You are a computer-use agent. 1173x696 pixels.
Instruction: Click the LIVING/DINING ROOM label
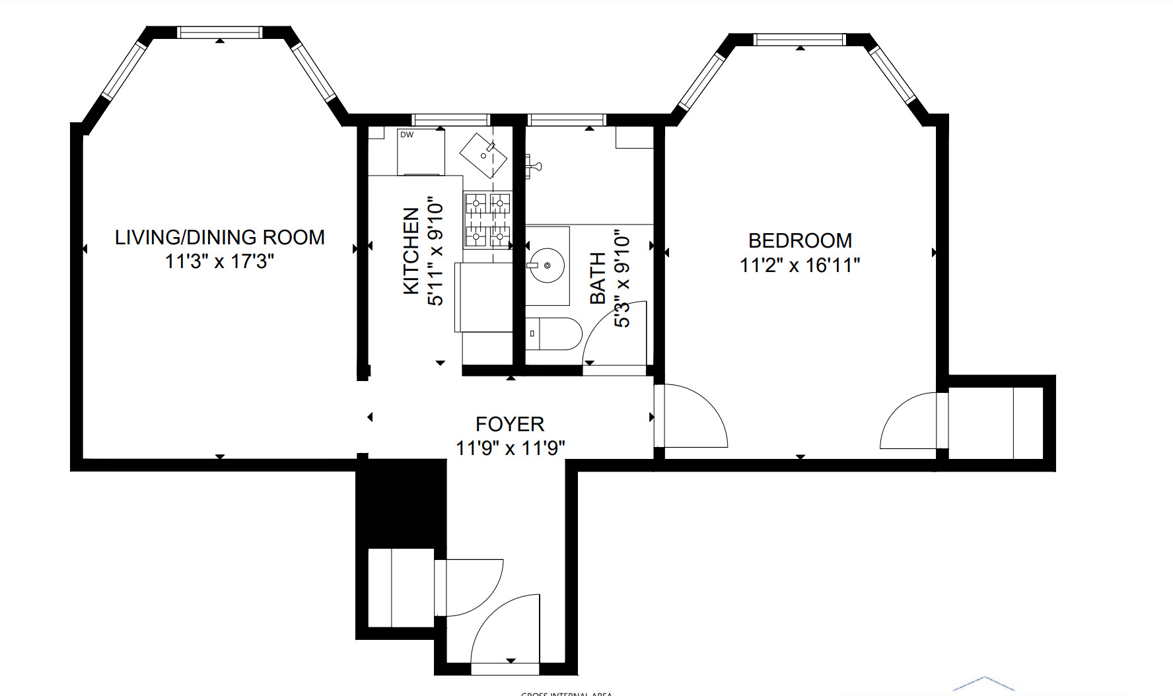point(219,237)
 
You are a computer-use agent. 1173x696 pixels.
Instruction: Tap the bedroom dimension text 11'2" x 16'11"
point(800,265)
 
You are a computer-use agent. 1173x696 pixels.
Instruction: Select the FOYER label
point(509,424)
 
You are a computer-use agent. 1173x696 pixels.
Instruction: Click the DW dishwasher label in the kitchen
point(407,135)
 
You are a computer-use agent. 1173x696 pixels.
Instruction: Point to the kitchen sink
point(483,155)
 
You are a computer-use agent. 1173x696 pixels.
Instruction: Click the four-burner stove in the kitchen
point(488,221)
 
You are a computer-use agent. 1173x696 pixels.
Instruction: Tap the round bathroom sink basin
point(547,265)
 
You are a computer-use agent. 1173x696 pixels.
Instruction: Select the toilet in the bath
point(554,334)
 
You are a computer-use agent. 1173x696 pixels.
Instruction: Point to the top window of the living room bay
point(219,32)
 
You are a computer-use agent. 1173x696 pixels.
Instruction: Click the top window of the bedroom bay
point(800,40)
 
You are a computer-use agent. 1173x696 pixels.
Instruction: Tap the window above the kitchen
point(450,120)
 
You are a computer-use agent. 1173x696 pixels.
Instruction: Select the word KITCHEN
point(411,251)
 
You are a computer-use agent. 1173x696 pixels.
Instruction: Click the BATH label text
point(597,278)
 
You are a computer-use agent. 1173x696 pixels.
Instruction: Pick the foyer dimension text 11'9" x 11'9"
point(510,448)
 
